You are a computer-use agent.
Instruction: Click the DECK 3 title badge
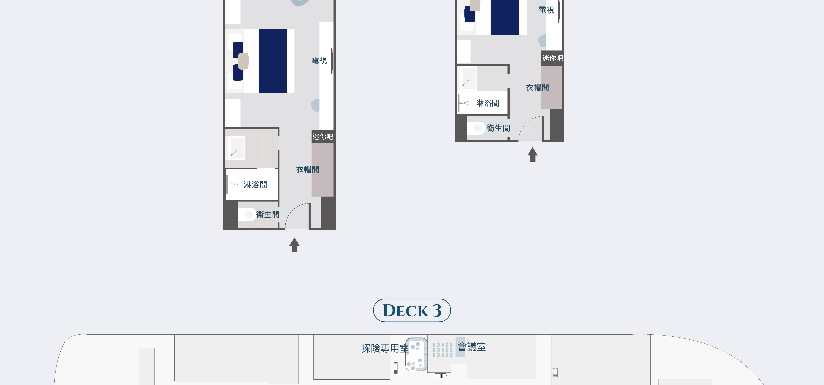[x=412, y=310]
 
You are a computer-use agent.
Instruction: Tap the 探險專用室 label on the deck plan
[x=385, y=348]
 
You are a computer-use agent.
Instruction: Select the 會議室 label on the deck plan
[x=472, y=347]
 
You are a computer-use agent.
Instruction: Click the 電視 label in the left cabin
[x=319, y=60]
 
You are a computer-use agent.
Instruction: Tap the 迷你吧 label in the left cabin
[x=323, y=137]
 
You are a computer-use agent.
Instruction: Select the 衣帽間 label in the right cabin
[x=537, y=87]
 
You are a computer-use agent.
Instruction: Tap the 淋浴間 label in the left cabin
[x=255, y=185]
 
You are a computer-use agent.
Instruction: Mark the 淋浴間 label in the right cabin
[x=487, y=103]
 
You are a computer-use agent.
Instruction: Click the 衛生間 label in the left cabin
[x=268, y=214]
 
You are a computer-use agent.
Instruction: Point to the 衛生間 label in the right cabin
[x=498, y=128]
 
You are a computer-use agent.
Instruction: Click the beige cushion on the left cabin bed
[x=243, y=61]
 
